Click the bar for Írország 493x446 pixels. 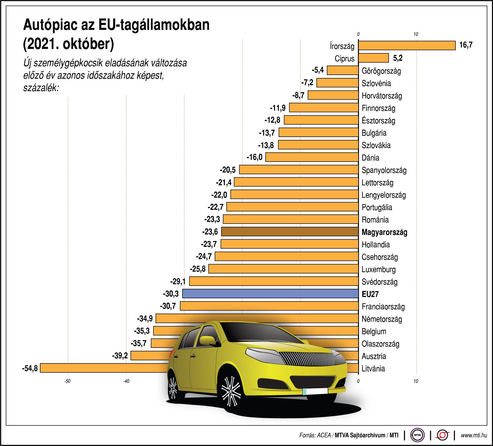pos(406,45)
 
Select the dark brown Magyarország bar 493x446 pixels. pos(290,232)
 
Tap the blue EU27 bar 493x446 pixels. pos(270,294)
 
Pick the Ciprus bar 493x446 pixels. pos(373,58)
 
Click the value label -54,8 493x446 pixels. pos(30,368)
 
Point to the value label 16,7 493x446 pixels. pos(466,45)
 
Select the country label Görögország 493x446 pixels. pos(381,71)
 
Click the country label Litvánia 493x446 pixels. pos(373,369)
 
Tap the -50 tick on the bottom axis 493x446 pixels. pos(67,381)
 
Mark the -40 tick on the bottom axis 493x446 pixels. pos(126,381)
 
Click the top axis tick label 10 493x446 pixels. pos(416,34)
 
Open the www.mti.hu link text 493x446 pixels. pos(474,435)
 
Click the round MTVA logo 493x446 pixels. pos(417,435)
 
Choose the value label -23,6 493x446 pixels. pos(210,232)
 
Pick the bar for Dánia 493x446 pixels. pos(312,157)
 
